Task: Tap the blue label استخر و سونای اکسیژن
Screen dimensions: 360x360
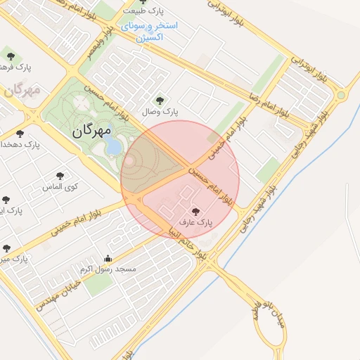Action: click(148, 31)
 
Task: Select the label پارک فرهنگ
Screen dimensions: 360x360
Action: click(18, 67)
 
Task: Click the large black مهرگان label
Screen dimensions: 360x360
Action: click(92, 130)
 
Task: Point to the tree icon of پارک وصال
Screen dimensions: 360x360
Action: click(161, 100)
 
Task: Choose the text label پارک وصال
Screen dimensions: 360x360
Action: click(161, 112)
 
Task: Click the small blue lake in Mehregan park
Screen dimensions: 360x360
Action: click(112, 145)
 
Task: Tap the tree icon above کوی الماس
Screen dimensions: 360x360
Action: click(59, 176)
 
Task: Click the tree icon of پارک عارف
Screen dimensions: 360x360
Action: click(195, 211)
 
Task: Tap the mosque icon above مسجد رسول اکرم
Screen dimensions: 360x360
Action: click(108, 258)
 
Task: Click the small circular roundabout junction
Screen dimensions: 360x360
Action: click(341, 94)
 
